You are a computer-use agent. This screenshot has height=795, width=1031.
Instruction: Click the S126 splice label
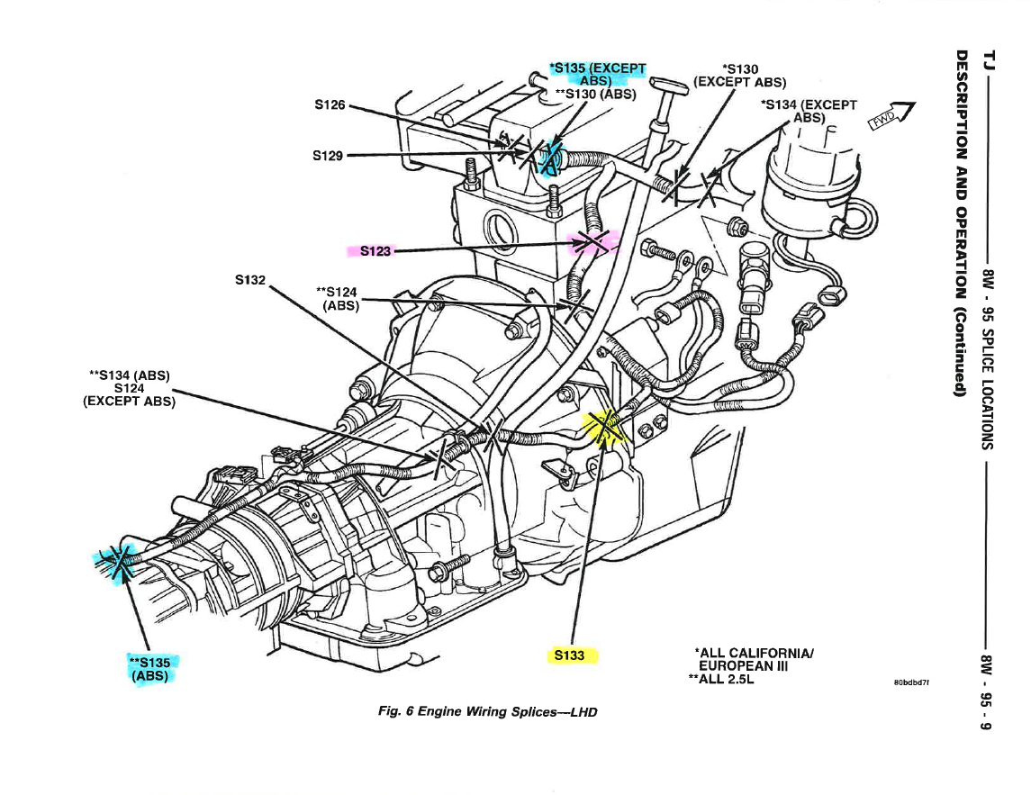pyautogui.click(x=330, y=104)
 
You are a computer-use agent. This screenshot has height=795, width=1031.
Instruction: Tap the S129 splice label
pyautogui.click(x=328, y=155)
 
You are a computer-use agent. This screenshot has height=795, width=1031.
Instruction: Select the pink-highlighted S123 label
pyautogui.click(x=375, y=250)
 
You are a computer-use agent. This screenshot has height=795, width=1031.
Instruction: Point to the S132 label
pyautogui.click(x=250, y=280)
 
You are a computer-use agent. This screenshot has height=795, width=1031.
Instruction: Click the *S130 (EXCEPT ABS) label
pyautogui.click(x=740, y=74)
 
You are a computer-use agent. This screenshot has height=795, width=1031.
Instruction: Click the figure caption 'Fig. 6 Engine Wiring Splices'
pyautogui.click(x=488, y=711)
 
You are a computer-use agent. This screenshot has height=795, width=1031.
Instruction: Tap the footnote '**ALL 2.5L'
pyautogui.click(x=720, y=680)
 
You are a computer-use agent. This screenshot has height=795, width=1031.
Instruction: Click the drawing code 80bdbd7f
pyautogui.click(x=911, y=682)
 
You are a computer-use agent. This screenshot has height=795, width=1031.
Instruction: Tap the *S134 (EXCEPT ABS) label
pyautogui.click(x=808, y=110)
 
